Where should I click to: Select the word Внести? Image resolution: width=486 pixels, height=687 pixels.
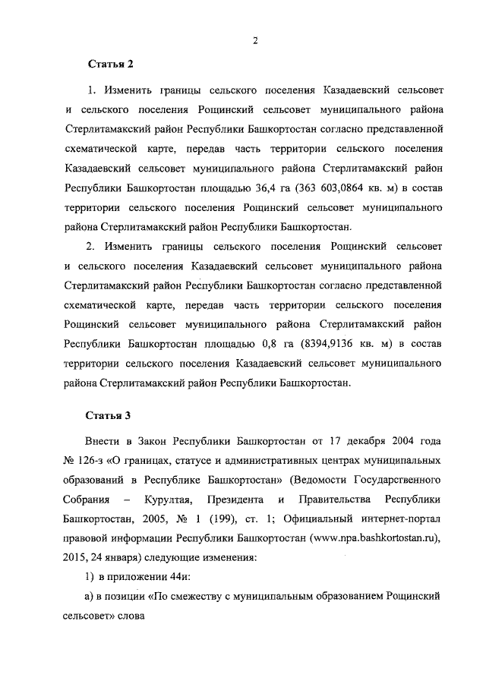pyautogui.click(x=104, y=441)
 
